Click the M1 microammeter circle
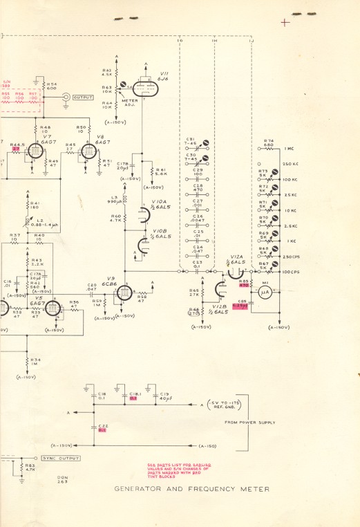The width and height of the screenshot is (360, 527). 263,293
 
